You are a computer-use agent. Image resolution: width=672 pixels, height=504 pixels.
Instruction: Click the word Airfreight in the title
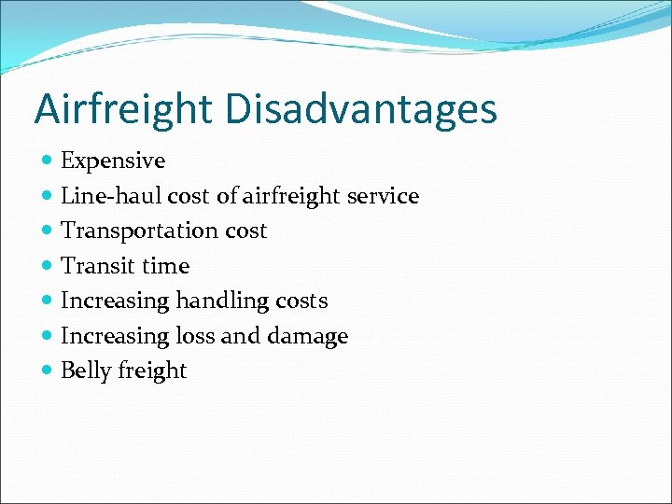[x=122, y=110]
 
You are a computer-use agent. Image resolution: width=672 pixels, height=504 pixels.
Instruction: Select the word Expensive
[x=113, y=161]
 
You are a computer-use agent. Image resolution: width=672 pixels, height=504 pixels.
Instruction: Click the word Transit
[x=96, y=266]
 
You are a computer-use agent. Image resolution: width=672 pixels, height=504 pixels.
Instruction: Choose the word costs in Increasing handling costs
[x=301, y=301]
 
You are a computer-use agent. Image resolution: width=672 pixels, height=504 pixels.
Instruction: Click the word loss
[x=192, y=336]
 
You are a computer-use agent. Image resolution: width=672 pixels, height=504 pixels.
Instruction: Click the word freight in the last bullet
[x=153, y=371]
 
